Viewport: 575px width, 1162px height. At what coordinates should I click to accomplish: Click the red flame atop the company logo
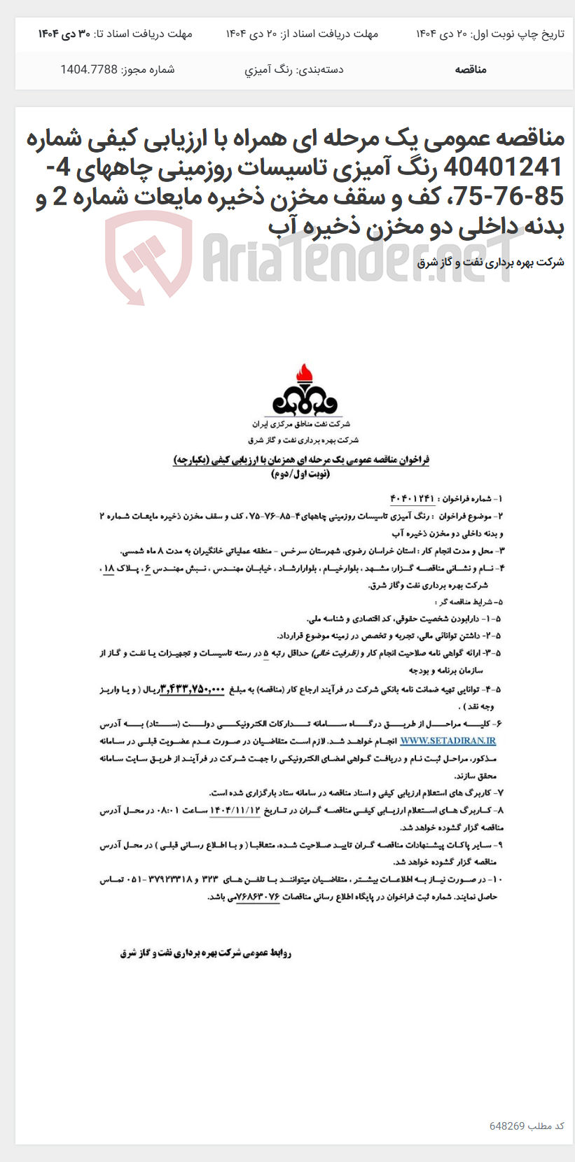[305, 374]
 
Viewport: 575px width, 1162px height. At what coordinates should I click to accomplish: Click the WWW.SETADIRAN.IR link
[448, 741]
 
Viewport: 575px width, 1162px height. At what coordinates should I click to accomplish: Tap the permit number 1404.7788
[89, 69]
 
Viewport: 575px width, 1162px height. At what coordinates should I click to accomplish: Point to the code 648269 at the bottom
[507, 1126]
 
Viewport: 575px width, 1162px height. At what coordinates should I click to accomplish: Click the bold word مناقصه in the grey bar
[471, 69]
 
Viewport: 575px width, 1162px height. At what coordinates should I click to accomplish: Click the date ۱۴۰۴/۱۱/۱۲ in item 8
[235, 810]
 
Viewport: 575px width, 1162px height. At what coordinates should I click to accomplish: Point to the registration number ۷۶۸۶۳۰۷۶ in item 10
[259, 896]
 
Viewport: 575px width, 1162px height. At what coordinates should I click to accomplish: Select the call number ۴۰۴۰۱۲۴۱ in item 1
[413, 498]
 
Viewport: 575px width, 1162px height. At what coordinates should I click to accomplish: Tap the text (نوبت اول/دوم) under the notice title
[300, 474]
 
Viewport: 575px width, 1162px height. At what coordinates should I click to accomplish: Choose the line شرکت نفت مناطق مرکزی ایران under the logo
[301, 424]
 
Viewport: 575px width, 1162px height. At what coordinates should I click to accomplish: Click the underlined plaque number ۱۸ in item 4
[109, 568]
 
